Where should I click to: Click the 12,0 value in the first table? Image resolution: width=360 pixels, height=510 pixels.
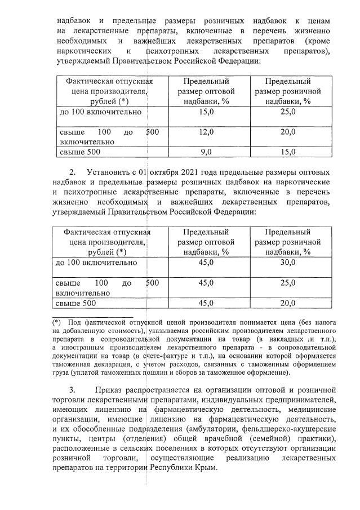click(206, 132)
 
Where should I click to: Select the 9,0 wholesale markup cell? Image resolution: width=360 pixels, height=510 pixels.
click(206, 152)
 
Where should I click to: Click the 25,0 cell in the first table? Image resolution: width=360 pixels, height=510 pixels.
click(288, 112)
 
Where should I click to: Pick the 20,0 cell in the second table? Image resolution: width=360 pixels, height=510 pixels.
click(288, 303)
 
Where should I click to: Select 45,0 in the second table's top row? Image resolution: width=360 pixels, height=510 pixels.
click(206, 263)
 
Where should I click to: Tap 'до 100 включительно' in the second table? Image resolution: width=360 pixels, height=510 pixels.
click(96, 263)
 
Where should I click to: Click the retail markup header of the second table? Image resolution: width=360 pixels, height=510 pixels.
click(288, 242)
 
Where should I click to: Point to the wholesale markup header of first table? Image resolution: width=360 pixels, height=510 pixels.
click(206, 91)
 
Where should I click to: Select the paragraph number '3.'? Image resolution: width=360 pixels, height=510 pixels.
click(73, 390)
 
